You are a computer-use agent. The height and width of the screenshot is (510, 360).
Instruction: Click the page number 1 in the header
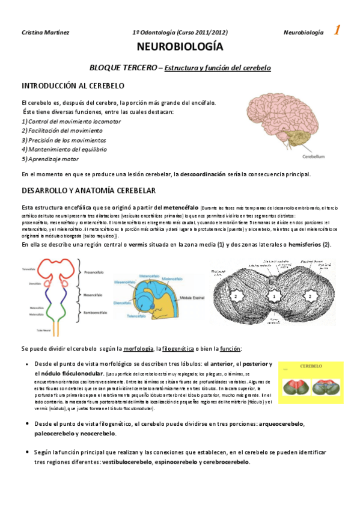point(337,31)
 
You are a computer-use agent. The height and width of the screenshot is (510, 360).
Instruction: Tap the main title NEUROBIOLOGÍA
point(180,48)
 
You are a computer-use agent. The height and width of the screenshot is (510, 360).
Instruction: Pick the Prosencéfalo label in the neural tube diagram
point(97,271)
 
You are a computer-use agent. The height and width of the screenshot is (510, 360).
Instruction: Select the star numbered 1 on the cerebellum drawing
point(274,296)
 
